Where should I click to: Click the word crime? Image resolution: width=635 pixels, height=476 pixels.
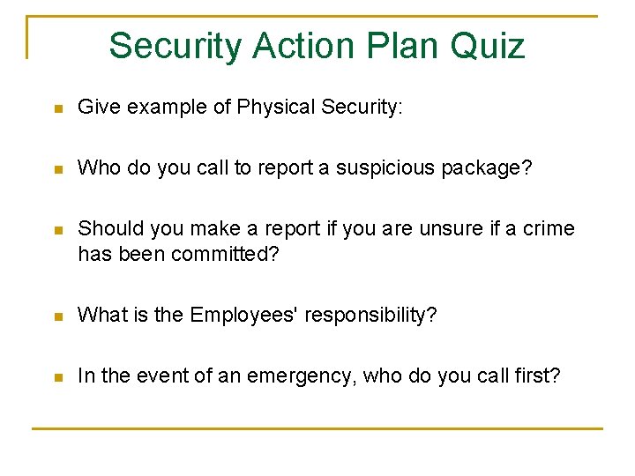(548, 229)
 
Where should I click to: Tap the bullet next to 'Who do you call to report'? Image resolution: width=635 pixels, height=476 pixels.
(57, 169)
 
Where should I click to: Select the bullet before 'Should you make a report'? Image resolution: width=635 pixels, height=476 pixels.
(57, 230)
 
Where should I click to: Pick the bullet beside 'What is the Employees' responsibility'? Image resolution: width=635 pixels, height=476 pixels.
(57, 316)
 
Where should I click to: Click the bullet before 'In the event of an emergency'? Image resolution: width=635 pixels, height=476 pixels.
(57, 377)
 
